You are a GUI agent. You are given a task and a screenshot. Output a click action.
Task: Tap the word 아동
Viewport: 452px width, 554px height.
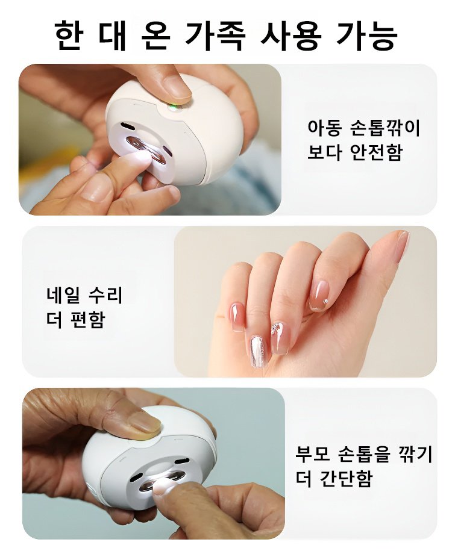[325, 128]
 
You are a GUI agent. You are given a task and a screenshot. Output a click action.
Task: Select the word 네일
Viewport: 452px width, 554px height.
[63, 295]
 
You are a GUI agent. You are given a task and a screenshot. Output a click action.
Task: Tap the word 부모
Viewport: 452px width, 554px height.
[313, 454]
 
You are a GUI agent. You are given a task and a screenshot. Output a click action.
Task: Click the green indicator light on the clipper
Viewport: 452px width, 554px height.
[172, 107]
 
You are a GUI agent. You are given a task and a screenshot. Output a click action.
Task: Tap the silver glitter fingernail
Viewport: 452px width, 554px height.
[257, 351]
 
